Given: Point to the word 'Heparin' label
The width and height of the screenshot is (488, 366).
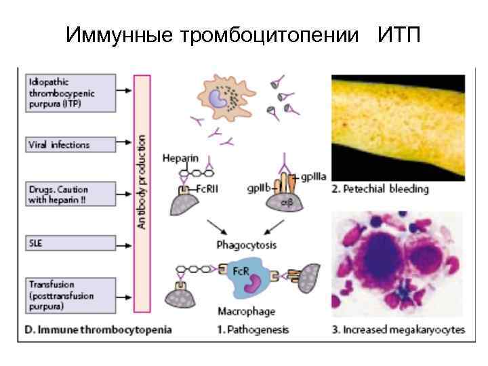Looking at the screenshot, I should point(181,159).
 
